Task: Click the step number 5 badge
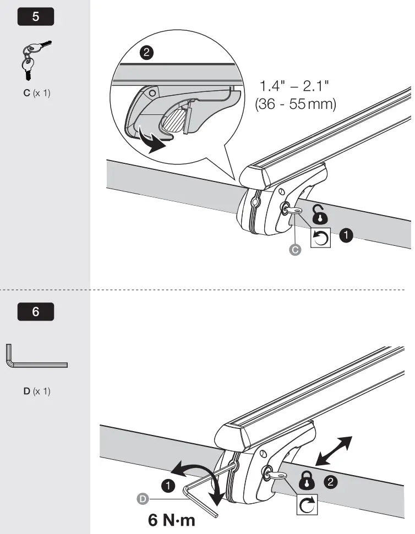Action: coord(36,16)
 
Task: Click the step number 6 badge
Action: coord(36,312)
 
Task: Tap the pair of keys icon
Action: coord(32,60)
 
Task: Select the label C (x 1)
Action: coord(36,93)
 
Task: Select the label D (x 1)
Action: coord(36,392)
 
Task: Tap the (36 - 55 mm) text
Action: coord(296,104)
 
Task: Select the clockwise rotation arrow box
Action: coord(308,505)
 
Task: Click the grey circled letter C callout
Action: coord(295,250)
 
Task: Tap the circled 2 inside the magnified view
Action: coord(146,53)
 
